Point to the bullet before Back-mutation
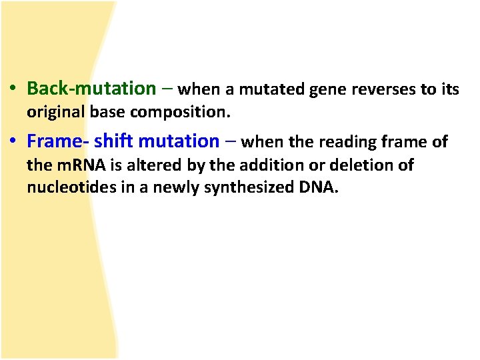(x=13, y=89)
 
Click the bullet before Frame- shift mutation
(x=13, y=142)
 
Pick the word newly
(x=179, y=189)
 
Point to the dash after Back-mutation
(x=167, y=89)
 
